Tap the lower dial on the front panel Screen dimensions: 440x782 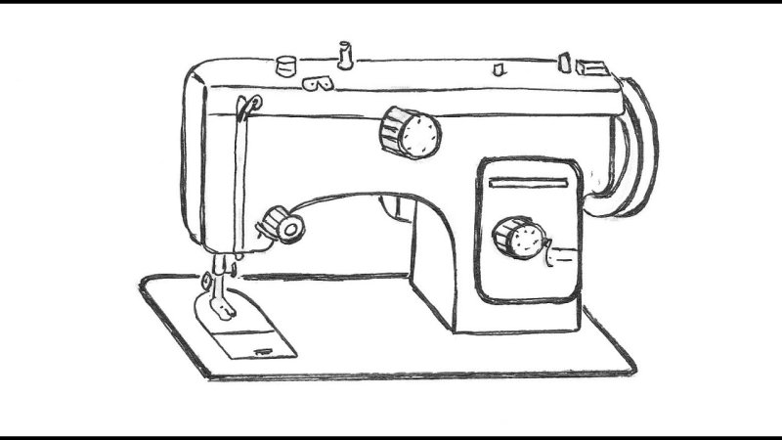[518, 238]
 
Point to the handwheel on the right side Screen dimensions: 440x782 [633, 147]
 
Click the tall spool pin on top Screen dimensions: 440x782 [344, 56]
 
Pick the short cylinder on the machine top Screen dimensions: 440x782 [286, 66]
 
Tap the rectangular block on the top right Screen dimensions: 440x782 [591, 67]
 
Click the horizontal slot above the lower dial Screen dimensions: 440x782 [528, 183]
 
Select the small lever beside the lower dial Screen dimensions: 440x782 [561, 256]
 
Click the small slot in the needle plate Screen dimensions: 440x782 [262, 348]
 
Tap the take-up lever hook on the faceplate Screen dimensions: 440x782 [247, 103]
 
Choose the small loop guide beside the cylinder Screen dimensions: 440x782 [314, 85]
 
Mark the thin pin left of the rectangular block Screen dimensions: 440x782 [563, 63]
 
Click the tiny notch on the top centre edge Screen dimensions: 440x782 [497, 69]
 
